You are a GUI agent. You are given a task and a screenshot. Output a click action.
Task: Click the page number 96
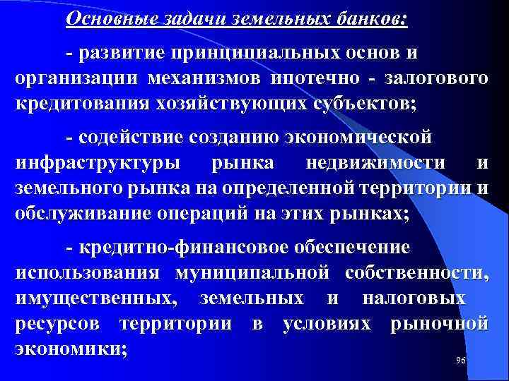(x=461, y=361)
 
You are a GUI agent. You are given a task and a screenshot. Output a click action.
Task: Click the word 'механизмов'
(x=206, y=78)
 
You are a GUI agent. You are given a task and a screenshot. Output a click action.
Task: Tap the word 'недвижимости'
(x=376, y=163)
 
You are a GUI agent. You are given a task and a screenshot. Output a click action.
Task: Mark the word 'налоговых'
(x=414, y=298)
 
